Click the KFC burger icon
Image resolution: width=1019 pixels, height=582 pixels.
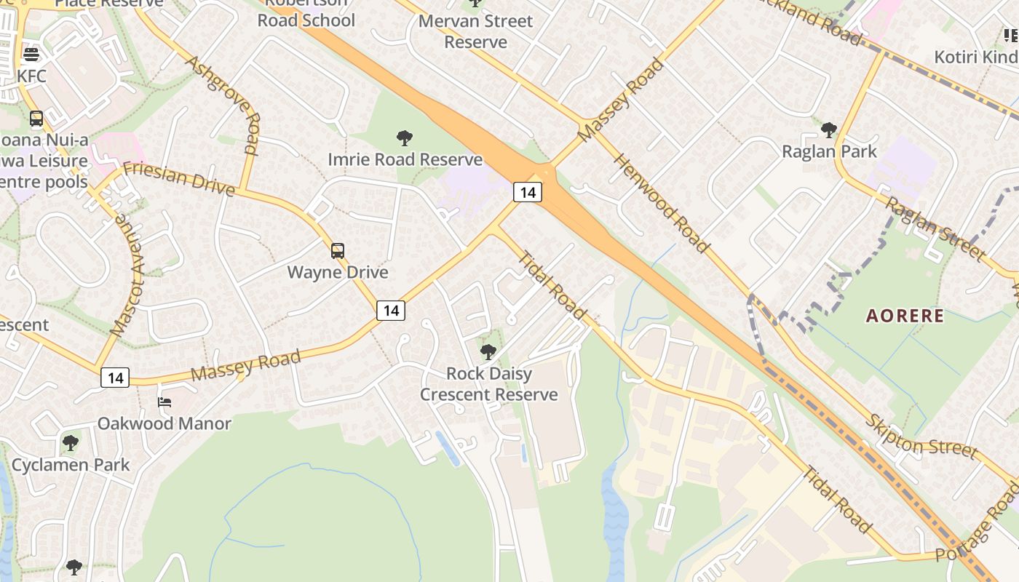[31, 54]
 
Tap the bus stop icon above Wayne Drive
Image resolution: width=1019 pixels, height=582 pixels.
[337, 251]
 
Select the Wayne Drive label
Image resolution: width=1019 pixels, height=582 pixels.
[337, 273]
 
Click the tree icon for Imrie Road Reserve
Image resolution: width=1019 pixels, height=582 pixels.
[405, 137]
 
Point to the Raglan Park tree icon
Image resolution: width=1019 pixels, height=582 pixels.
[828, 130]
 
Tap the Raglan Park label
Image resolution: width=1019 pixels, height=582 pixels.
[829, 151]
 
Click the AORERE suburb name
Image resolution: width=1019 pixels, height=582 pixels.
[905, 316]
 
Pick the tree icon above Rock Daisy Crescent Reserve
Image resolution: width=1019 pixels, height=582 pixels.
[488, 352]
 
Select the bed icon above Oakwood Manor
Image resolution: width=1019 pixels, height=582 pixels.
[164, 402]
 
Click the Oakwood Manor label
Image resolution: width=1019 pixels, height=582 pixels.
[164, 423]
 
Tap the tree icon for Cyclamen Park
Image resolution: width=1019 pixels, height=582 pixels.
[71, 442]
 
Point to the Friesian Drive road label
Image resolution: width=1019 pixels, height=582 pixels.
[179, 179]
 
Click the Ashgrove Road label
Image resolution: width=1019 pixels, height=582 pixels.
[222, 104]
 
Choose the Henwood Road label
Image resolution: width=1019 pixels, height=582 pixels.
[661, 203]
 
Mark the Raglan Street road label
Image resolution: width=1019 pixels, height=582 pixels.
[935, 228]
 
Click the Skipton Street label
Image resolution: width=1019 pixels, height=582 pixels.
[921, 436]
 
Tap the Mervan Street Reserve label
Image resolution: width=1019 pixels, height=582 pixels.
[475, 31]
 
